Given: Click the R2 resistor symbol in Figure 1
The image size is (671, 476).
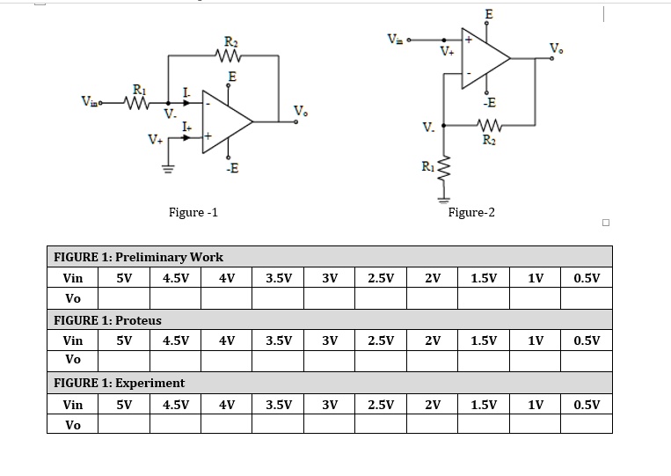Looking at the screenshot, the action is coord(229,55).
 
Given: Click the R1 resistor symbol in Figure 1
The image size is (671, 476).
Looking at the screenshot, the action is coord(136,103).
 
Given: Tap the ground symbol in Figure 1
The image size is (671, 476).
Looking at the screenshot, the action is coord(168,169).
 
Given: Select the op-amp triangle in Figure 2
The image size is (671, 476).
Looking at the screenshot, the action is coord(485,58).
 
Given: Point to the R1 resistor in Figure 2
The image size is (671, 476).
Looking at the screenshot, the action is coord(444,169).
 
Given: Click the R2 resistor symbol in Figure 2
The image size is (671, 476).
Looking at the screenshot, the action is coord(489,125).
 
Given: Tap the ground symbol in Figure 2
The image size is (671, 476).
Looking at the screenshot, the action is coord(444,200).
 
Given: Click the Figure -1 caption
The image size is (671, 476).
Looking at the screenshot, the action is coord(193,212).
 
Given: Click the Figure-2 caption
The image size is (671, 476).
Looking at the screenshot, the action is coord(471,212).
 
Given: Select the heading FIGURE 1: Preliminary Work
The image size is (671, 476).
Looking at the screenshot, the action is coord(138,257).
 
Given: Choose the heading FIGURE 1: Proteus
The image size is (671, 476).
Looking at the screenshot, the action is coord(107,320).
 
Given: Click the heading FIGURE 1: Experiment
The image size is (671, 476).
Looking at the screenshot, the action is coord(119,383).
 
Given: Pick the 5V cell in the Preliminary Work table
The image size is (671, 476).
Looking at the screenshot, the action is coord(124,278).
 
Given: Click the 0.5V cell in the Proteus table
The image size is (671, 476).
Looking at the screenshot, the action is coord(587,341).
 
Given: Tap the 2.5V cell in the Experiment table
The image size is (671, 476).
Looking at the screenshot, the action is coord(381,405).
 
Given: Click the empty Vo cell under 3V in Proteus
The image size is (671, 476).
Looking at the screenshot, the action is coord(330,361).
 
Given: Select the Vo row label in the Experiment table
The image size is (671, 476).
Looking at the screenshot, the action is coord(73,425).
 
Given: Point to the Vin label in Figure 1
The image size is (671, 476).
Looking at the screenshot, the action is coord(91,101).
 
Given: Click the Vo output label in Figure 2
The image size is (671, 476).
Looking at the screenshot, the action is coord(556,48).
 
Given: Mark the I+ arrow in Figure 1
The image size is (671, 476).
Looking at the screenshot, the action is coord(186,137).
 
